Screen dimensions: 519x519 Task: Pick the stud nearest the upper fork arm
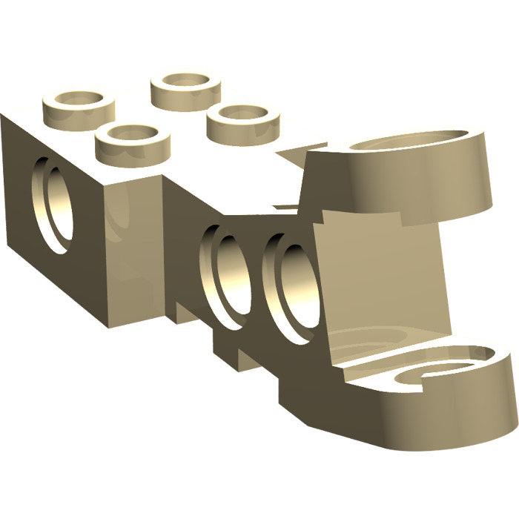click(242, 119)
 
